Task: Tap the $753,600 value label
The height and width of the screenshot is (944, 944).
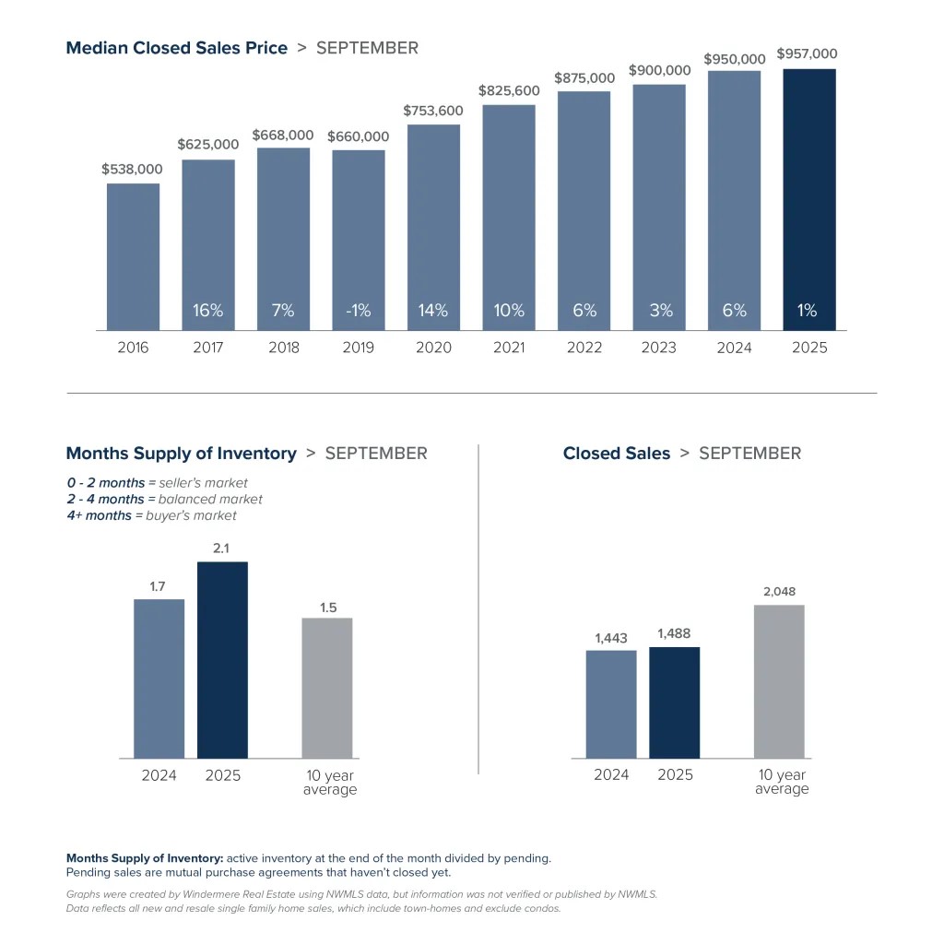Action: (x=433, y=111)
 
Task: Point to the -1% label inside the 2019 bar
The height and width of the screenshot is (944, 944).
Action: (x=358, y=311)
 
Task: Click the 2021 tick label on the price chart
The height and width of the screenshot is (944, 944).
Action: (x=509, y=348)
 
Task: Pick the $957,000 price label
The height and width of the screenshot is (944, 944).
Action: (x=807, y=54)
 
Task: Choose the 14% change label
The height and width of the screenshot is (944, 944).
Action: (x=433, y=311)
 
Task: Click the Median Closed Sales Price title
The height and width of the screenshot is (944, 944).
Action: (x=177, y=48)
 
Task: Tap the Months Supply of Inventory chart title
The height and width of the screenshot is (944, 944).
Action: (x=182, y=454)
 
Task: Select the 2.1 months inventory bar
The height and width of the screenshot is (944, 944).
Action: (x=222, y=659)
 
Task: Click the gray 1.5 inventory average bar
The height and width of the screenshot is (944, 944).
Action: (x=327, y=688)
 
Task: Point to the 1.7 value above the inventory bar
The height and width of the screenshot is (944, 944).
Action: (x=158, y=586)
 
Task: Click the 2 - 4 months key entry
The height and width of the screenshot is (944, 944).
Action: (x=105, y=499)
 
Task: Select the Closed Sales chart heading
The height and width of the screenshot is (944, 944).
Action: (x=617, y=454)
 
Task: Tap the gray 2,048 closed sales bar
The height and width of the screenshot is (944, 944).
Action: (x=779, y=681)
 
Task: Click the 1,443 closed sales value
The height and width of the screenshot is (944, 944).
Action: (x=610, y=638)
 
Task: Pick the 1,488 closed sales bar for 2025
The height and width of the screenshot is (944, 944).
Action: (x=675, y=702)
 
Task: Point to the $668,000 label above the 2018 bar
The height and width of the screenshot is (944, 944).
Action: (x=282, y=136)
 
